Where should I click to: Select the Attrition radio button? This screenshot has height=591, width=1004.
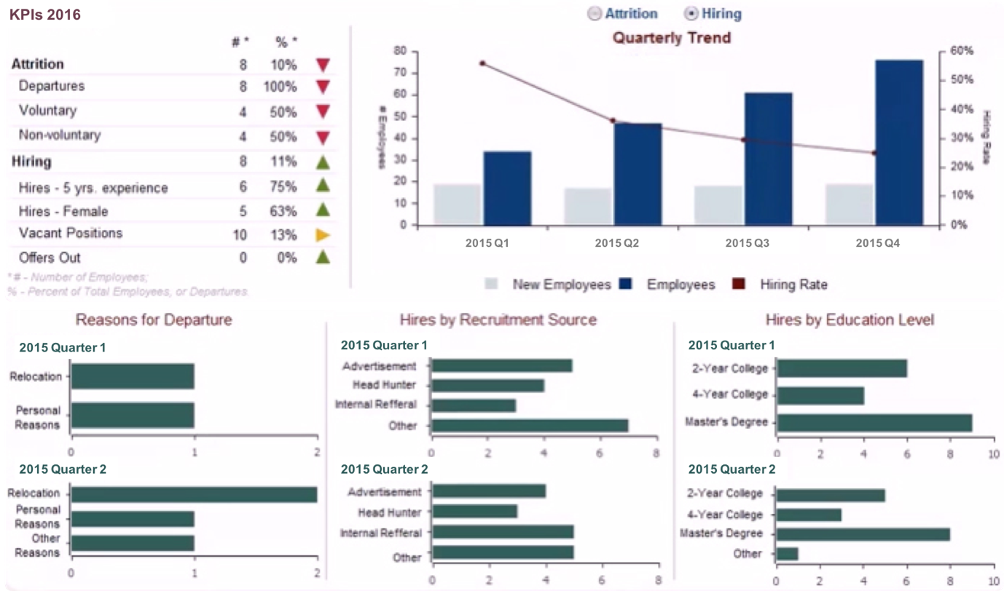[595, 14]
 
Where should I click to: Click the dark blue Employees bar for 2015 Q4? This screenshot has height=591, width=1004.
[899, 142]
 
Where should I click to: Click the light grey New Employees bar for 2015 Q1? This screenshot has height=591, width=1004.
[457, 205]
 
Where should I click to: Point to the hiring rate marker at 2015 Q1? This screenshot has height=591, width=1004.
[482, 63]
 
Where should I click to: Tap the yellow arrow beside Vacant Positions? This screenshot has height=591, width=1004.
[323, 234]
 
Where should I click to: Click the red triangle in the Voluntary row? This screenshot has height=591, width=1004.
[323, 111]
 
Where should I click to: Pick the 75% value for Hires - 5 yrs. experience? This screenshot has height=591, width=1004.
[286, 187]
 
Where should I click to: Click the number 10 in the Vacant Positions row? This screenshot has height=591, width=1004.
[240, 234]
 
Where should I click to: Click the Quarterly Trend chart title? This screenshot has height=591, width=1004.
[671, 37]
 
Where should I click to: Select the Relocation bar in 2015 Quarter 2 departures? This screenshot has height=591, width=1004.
[195, 494]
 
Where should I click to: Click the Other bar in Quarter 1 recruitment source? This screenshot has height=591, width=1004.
[530, 426]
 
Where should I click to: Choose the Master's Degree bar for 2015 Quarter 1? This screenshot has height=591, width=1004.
[874, 422]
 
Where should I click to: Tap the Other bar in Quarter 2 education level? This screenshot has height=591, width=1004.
[788, 554]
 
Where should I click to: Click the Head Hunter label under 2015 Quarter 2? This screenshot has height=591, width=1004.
[389, 512]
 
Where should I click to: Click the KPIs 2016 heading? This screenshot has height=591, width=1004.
[45, 15]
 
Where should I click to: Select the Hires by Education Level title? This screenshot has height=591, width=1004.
[850, 320]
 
